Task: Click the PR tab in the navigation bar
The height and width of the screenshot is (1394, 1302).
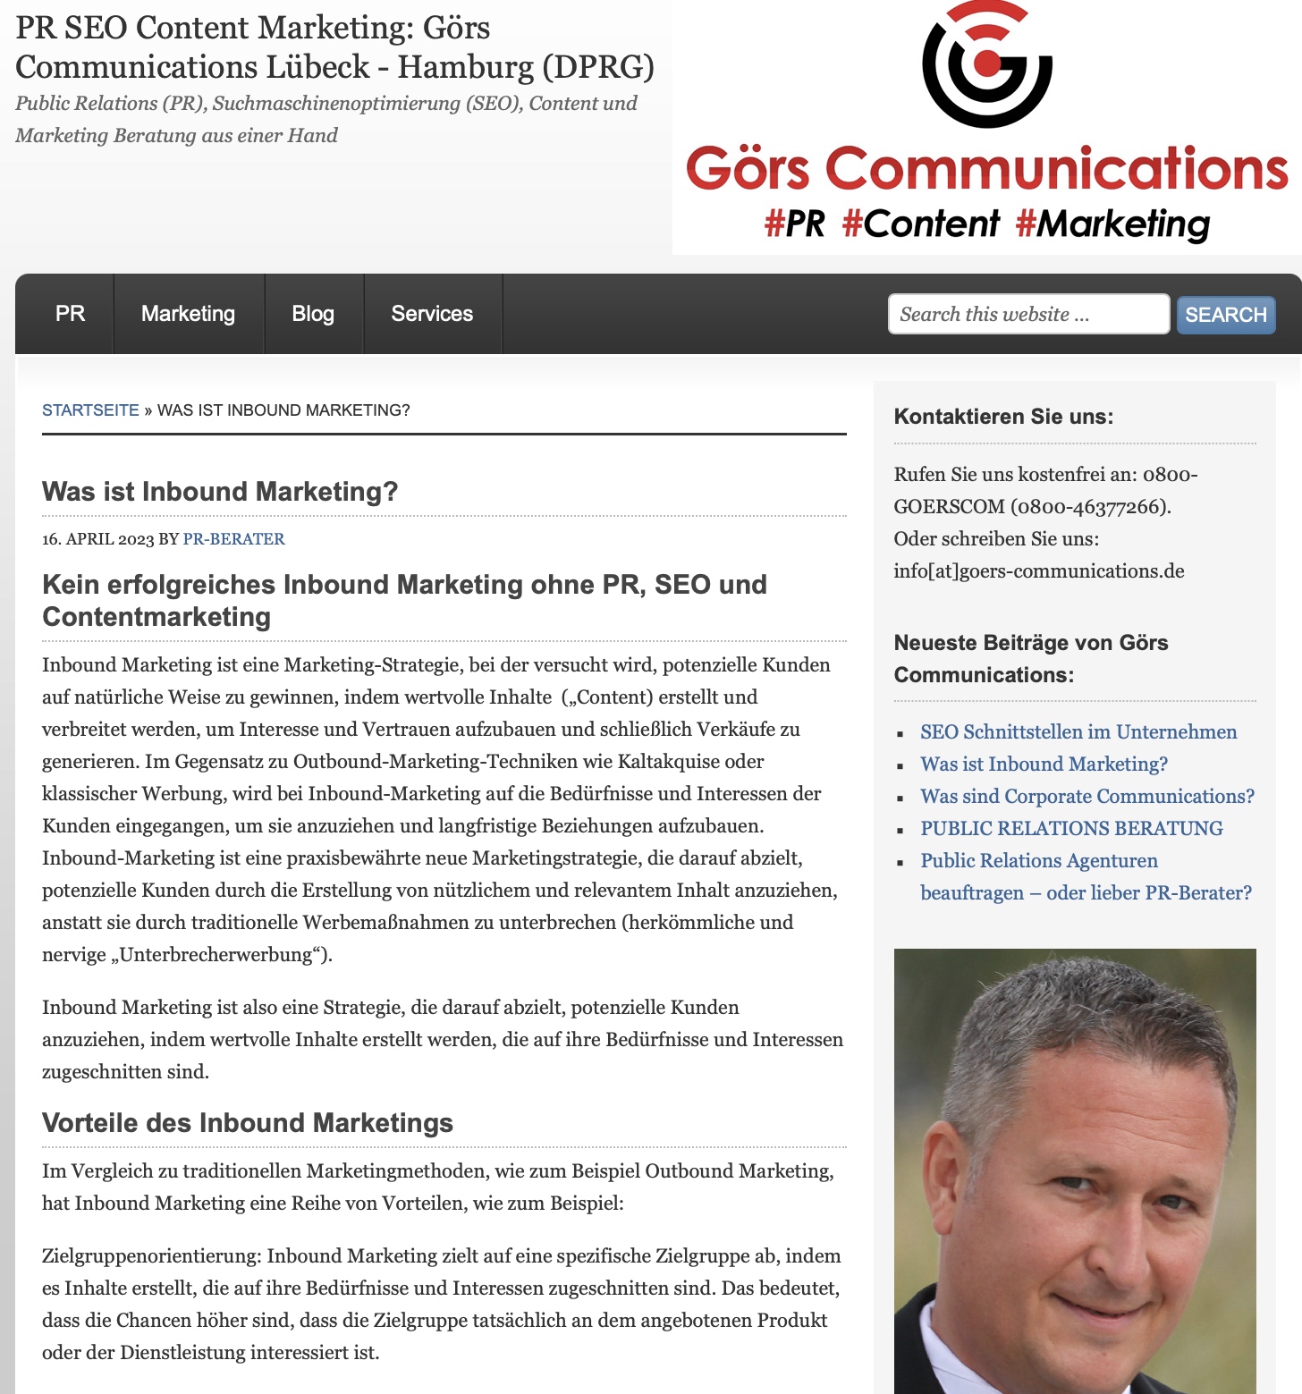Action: coord(70,314)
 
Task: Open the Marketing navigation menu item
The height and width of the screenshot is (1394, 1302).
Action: coord(188,314)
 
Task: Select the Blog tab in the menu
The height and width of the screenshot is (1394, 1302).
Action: coord(313,314)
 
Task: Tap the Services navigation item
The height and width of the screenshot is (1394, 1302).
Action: coord(432,314)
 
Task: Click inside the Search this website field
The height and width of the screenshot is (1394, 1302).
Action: coord(1027,314)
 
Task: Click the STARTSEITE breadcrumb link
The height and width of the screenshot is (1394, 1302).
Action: coord(90,410)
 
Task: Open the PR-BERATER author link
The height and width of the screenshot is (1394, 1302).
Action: coord(233,539)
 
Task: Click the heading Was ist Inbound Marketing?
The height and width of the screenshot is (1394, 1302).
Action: coord(220,492)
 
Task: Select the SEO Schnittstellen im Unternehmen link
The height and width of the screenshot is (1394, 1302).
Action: coord(1078,732)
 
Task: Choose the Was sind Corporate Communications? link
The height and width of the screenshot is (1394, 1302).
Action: coord(1086,797)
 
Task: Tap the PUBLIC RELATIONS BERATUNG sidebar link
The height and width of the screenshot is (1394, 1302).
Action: coord(1071,829)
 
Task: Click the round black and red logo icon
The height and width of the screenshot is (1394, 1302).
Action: coord(986,64)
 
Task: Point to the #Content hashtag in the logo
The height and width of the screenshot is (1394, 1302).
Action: coord(920,224)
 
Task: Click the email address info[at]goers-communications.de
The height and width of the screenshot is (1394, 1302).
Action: coord(1038,571)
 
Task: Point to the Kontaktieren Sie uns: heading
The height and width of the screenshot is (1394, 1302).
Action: coord(1003,417)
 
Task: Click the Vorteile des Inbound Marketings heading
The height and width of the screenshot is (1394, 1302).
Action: coord(248,1123)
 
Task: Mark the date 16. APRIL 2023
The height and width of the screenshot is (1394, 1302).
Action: coord(98,539)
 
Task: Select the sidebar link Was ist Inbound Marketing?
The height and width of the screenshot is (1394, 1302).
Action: coord(1044,765)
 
